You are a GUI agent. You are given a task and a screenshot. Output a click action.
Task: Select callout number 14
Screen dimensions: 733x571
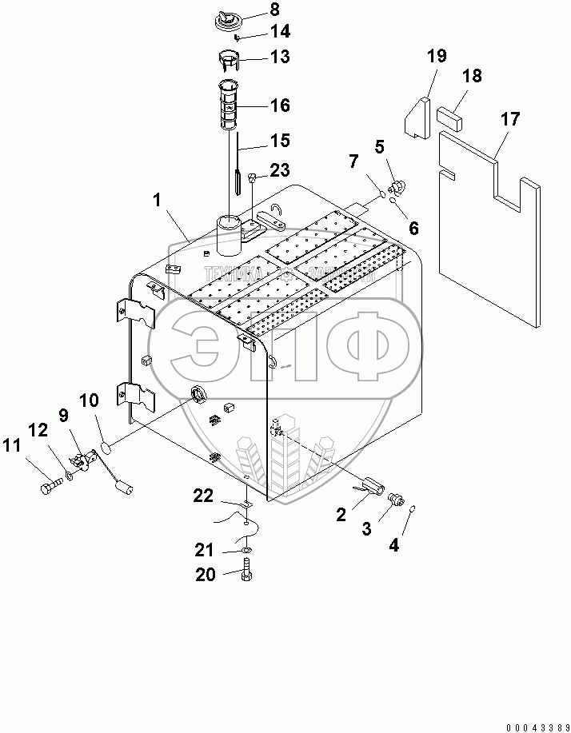[x=258, y=33]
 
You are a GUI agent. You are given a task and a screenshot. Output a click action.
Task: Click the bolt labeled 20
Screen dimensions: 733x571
[x=246, y=574]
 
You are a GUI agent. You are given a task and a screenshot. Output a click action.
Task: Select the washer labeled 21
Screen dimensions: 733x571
[x=247, y=551]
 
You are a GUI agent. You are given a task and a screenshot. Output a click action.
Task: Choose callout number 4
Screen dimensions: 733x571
[x=393, y=546]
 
